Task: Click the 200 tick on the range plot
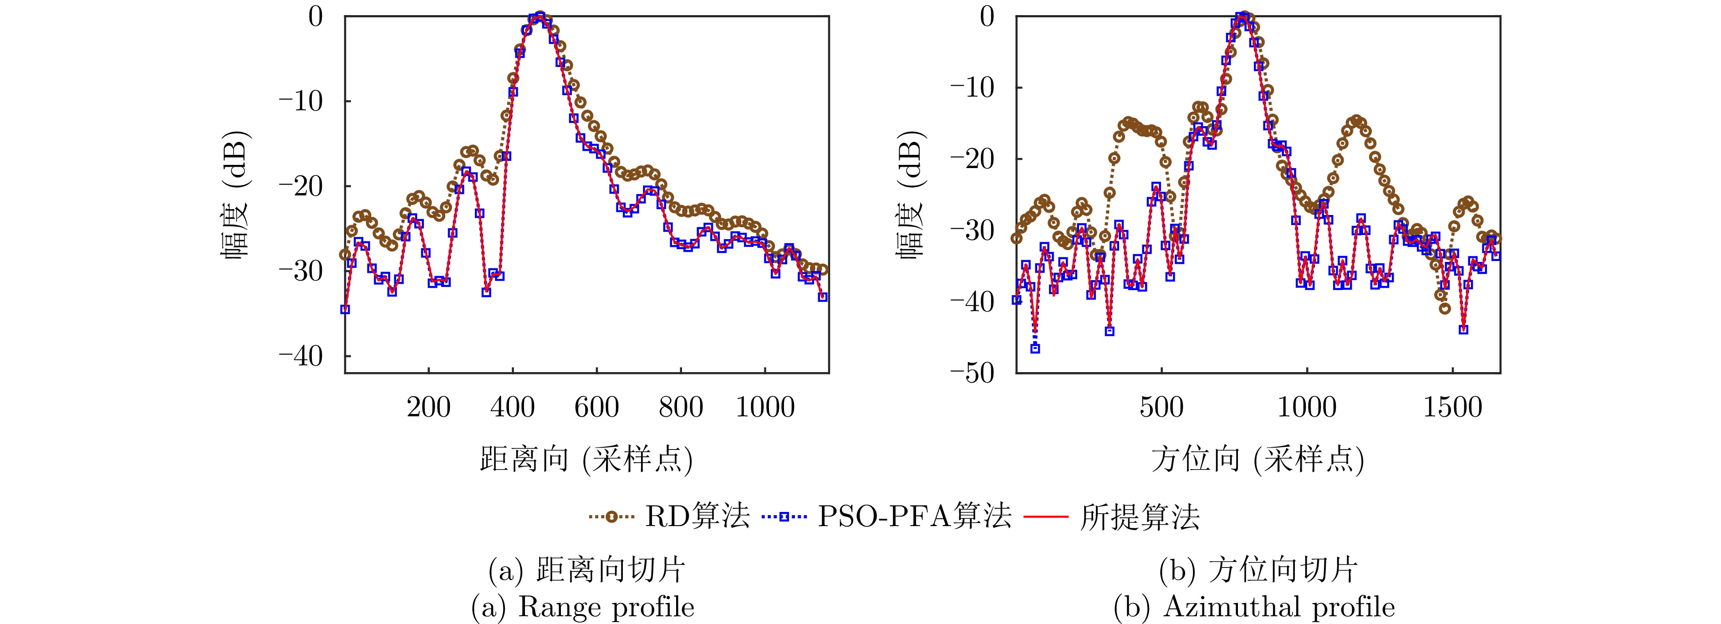click(428, 407)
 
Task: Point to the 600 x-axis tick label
click(596, 407)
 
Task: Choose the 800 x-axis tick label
click(681, 407)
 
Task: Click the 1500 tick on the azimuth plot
click(1452, 407)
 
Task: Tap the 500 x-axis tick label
click(1162, 407)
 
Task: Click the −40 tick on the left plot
click(300, 356)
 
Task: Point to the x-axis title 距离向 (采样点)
click(586, 460)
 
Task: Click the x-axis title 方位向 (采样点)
click(1258, 460)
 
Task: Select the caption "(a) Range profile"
click(583, 607)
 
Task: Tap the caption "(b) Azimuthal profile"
click(1254, 607)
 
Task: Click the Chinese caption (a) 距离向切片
click(586, 570)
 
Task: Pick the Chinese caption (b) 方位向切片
click(1258, 570)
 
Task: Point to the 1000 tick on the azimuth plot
click(1307, 407)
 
